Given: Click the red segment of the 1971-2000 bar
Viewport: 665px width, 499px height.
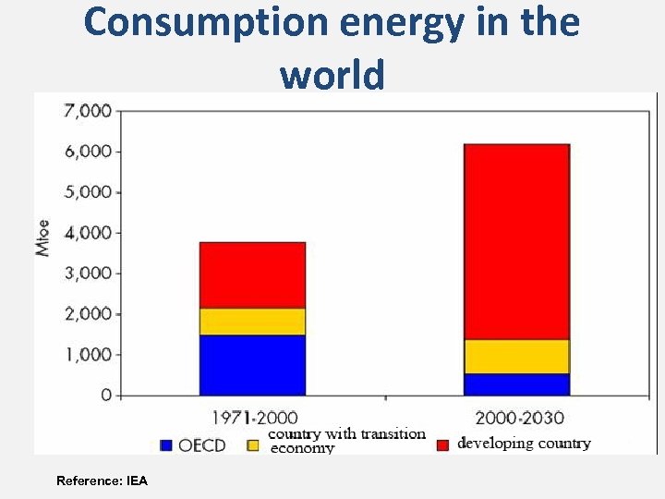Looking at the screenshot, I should click(252, 274).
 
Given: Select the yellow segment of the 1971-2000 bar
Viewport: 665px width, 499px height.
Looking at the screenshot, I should click(252, 321).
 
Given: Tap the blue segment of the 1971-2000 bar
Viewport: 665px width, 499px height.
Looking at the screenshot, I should click(252, 365).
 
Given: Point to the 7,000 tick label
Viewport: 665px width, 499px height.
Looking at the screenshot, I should click(87, 111).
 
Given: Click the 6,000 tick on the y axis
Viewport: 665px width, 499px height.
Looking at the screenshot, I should click(87, 152).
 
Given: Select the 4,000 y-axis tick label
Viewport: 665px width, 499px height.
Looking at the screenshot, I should click(87, 233).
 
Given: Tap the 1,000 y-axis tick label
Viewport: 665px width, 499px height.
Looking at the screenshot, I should click(87, 355).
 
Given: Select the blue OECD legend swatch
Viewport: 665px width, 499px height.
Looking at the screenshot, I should click(166, 444).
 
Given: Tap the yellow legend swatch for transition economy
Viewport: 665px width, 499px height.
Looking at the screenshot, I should click(254, 444).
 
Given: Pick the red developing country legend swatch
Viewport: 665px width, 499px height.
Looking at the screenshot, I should click(442, 444).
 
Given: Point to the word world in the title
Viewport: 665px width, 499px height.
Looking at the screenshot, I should click(332, 73).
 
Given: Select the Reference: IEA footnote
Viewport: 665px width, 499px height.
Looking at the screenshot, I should click(102, 481).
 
